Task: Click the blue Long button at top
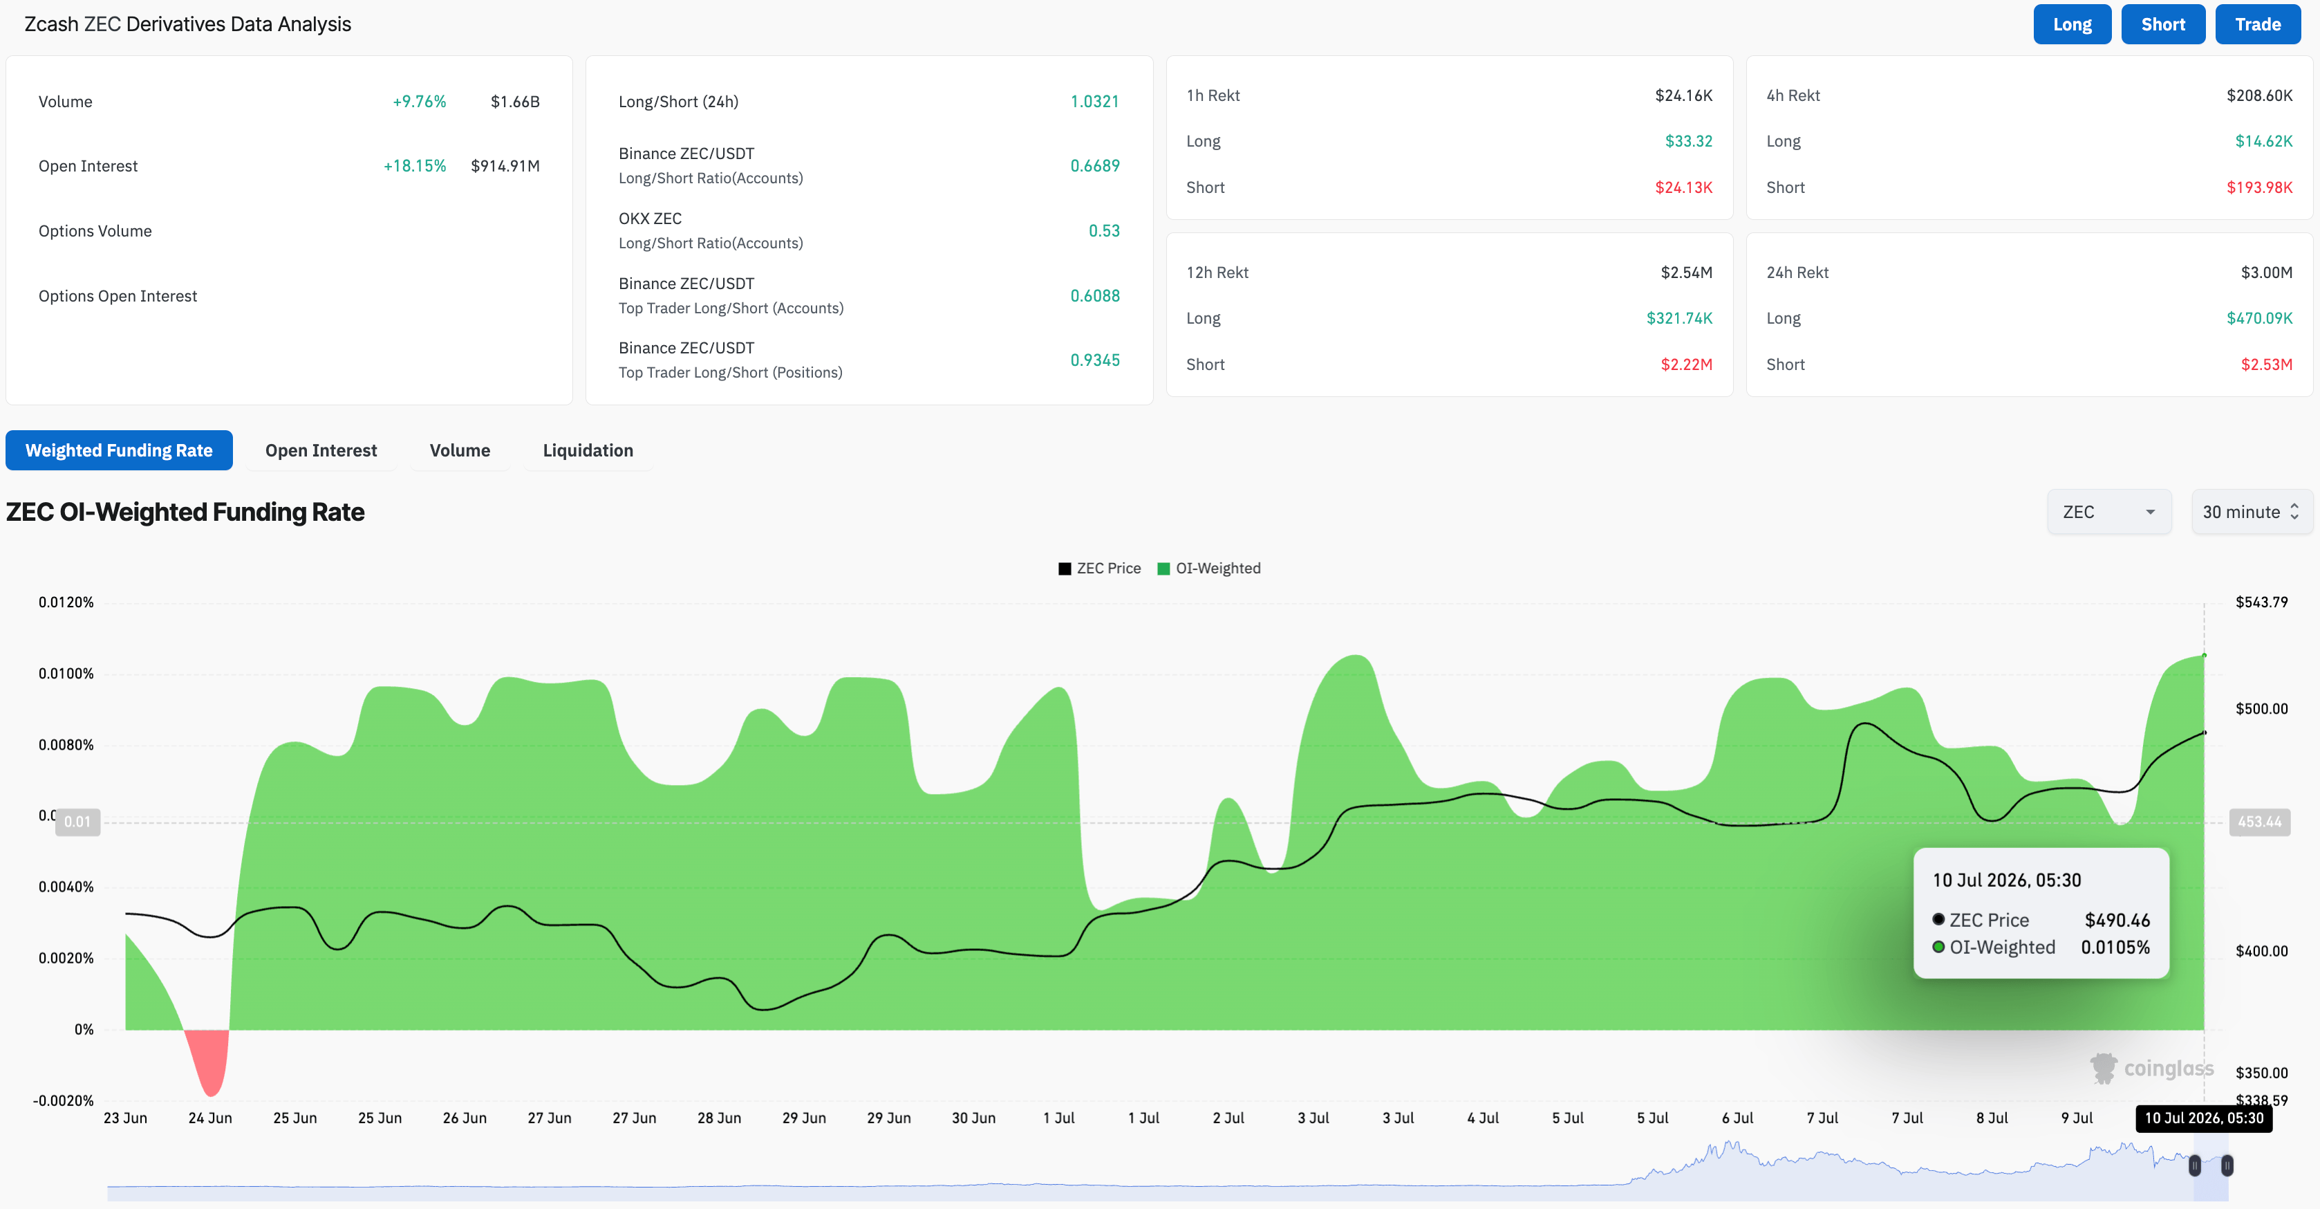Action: (2071, 24)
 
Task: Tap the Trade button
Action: (2257, 24)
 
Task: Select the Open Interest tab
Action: (321, 450)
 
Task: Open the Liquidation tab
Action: (587, 450)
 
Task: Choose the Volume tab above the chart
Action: (459, 450)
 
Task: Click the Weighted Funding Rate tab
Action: (119, 450)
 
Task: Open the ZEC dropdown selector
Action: (2108, 512)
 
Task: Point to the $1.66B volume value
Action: (515, 102)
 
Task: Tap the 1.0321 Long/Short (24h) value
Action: (1094, 102)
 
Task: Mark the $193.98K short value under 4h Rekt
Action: (2258, 187)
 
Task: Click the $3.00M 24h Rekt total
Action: (2266, 272)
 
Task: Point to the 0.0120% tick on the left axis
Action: (66, 602)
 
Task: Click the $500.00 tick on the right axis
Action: (2261, 708)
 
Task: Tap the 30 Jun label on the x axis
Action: (973, 1118)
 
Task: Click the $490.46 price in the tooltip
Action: (2117, 920)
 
